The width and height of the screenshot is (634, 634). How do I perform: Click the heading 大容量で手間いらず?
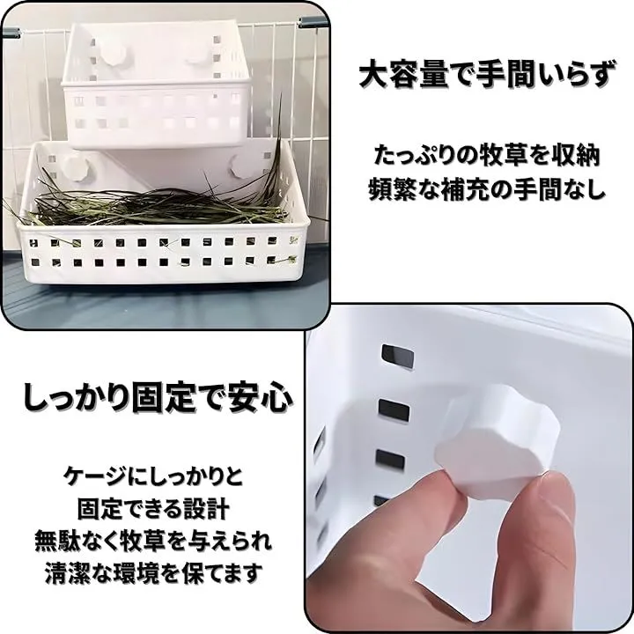[485, 75]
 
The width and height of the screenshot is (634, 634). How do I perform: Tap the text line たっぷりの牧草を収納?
[486, 156]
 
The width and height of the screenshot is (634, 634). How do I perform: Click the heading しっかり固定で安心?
[157, 397]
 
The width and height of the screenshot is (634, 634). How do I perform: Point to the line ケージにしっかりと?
[153, 475]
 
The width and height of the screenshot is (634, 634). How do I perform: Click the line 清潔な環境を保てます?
[153, 572]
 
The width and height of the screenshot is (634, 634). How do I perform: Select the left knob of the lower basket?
[76, 165]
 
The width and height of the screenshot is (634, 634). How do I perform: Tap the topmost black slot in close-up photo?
[398, 357]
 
